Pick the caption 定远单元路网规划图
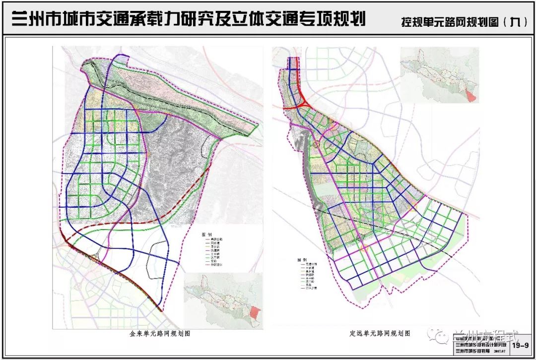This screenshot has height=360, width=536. click(379, 334)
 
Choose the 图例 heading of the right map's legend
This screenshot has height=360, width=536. click(301, 259)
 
